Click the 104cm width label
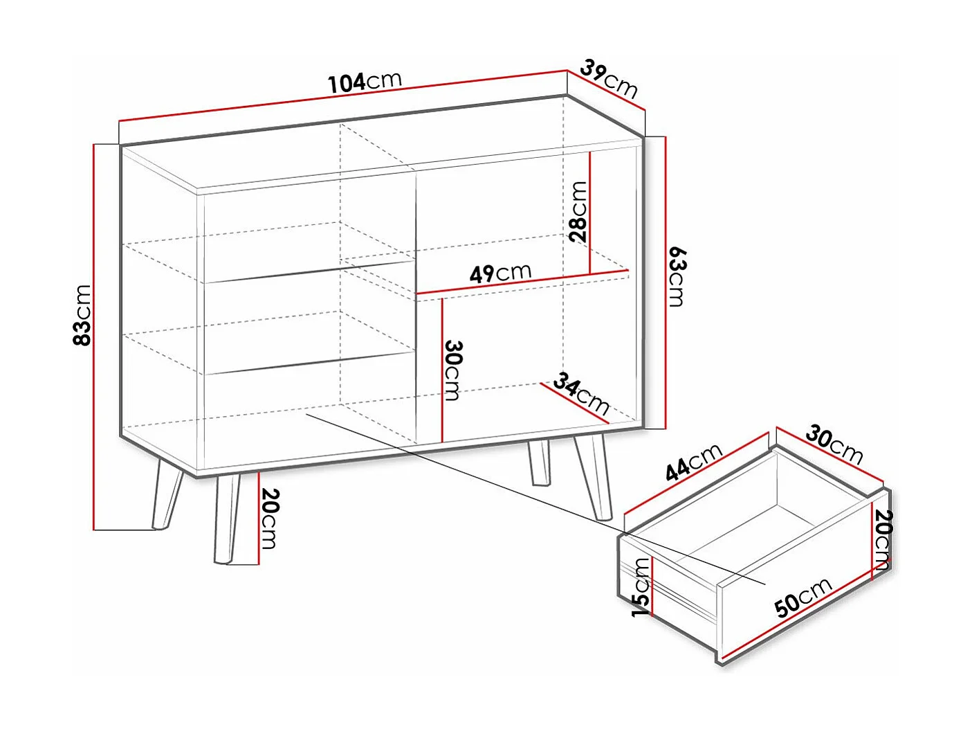coord(365,82)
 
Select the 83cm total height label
coord(82,314)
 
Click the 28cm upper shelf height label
coord(578,210)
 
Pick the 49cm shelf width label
coord(500,272)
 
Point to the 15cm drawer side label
coord(641,587)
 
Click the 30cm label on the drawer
coord(834,445)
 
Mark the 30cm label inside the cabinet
coord(452,370)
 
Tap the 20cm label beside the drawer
coord(883,540)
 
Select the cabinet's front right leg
coord(594,478)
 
